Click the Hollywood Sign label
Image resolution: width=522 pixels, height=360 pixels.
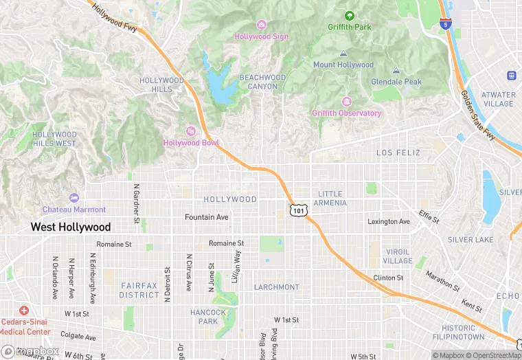tap(262, 36)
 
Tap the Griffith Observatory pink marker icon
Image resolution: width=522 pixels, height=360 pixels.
tap(346, 102)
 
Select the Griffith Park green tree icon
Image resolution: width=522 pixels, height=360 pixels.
tap(349, 16)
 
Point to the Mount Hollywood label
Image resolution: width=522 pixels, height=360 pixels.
tap(343, 65)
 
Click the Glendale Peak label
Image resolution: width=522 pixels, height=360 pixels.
tap(396, 81)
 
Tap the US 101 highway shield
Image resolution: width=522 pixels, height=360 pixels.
tap(297, 209)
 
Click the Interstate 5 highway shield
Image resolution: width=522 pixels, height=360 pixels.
tap(446, 24)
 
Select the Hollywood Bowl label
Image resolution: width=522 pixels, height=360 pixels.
tap(190, 142)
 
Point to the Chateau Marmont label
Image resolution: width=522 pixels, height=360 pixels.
tap(74, 209)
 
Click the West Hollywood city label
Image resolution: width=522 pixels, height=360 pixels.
tap(70, 227)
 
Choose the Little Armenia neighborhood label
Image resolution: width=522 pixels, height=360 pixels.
tap(330, 199)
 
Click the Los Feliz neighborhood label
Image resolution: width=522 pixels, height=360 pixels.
tap(398, 152)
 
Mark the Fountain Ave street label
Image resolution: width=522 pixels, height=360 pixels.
tap(206, 217)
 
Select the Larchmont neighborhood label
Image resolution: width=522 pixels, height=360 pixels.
tap(277, 286)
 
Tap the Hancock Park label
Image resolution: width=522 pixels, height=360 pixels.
tap(207, 317)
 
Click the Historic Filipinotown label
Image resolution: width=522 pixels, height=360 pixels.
tap(458, 332)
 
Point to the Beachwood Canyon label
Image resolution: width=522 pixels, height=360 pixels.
tap(262, 82)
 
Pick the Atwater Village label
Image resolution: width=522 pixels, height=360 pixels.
tap(498, 99)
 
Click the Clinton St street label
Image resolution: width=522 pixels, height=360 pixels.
tap(388, 278)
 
